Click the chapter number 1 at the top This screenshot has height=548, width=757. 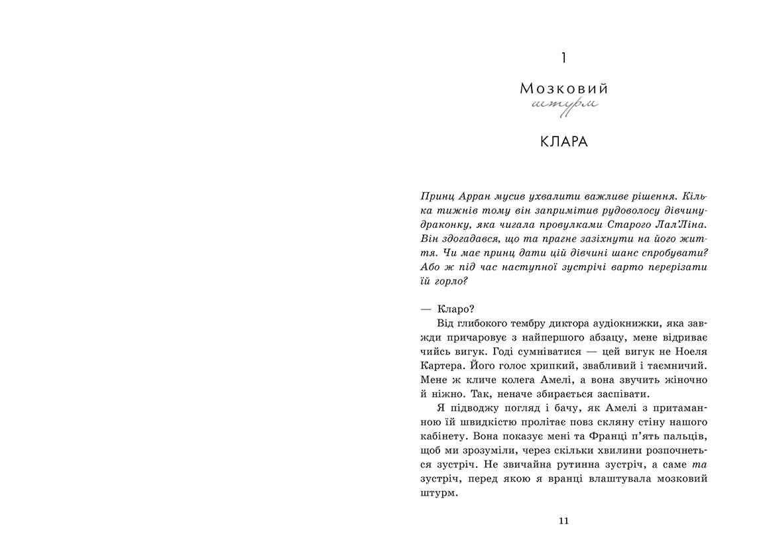coord(563,58)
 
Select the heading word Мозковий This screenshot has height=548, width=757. coord(563,89)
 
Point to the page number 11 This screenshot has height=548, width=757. coord(563,521)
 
